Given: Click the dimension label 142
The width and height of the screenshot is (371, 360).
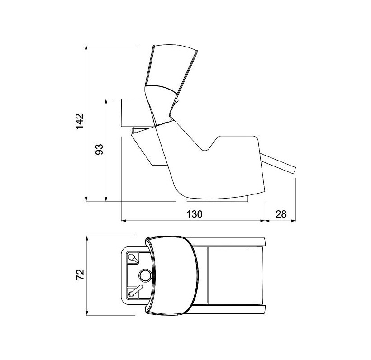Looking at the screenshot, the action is point(80,121).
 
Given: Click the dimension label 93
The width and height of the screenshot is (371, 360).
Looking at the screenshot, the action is point(100,149).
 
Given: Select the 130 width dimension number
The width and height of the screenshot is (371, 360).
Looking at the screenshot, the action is point(195,214).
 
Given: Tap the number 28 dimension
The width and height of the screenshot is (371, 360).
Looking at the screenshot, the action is point(281,214).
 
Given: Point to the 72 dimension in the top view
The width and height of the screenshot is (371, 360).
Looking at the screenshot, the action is point(80,275).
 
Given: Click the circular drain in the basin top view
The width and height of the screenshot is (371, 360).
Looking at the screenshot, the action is point(145,275).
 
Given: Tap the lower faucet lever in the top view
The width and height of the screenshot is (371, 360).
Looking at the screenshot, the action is point(135,291).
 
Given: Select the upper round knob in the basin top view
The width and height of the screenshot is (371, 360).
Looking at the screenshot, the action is point(131,256).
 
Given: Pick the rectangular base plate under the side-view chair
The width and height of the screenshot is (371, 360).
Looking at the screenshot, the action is point(218,199).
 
